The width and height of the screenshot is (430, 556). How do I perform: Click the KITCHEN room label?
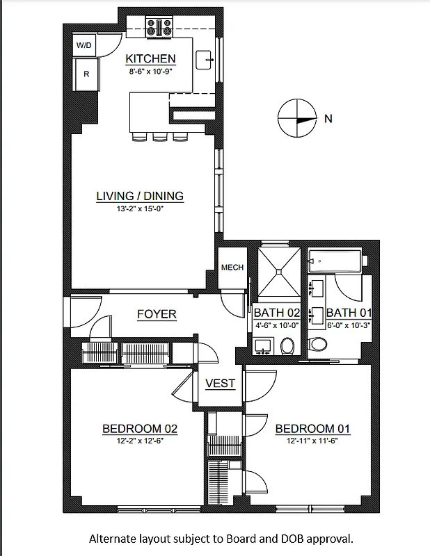click(x=150, y=59)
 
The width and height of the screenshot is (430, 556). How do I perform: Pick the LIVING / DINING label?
click(x=140, y=196)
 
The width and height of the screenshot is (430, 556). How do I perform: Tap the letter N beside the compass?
click(x=328, y=119)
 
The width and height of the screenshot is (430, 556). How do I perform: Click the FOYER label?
click(x=157, y=314)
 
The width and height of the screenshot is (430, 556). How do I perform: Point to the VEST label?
click(x=220, y=383)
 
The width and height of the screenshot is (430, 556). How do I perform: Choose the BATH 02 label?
click(x=276, y=313)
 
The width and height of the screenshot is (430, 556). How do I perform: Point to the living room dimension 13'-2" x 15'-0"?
click(x=140, y=208)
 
